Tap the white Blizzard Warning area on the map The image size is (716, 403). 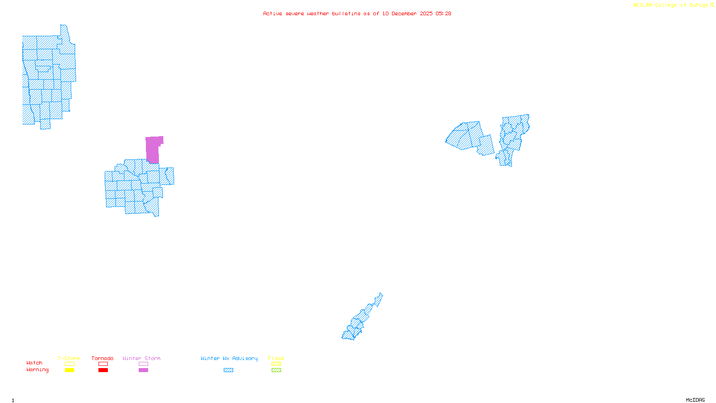[x=378, y=308]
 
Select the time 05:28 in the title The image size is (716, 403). [x=443, y=13]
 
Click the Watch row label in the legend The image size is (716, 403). [x=34, y=363]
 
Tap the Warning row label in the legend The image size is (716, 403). [x=37, y=370]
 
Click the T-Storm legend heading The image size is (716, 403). [x=69, y=358]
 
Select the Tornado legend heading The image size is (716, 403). [x=102, y=358]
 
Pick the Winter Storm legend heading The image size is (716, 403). [x=141, y=358]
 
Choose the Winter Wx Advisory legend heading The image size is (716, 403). [x=229, y=358]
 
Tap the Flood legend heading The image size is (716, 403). [x=276, y=358]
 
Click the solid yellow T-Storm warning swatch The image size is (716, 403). [x=69, y=370]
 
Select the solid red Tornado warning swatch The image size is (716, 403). [x=103, y=370]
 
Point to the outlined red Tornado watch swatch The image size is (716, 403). [x=103, y=364]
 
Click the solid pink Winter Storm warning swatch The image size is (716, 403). [x=143, y=370]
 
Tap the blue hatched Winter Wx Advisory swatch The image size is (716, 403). [x=228, y=370]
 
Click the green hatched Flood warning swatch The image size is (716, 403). [x=276, y=370]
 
